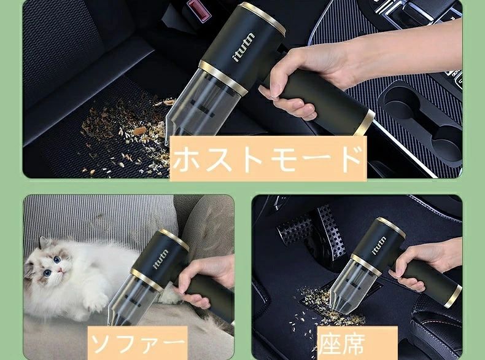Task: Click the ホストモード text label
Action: coord(268,158)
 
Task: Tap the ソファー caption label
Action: coord(138,342)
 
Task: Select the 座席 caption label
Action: coord(357,343)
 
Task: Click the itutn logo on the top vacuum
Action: coord(244,47)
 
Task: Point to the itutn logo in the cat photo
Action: coord(161,259)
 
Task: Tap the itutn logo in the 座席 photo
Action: coord(379,245)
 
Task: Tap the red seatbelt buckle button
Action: coord(197,10)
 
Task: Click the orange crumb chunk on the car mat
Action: coord(139,130)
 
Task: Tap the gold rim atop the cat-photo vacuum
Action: coord(174,240)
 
